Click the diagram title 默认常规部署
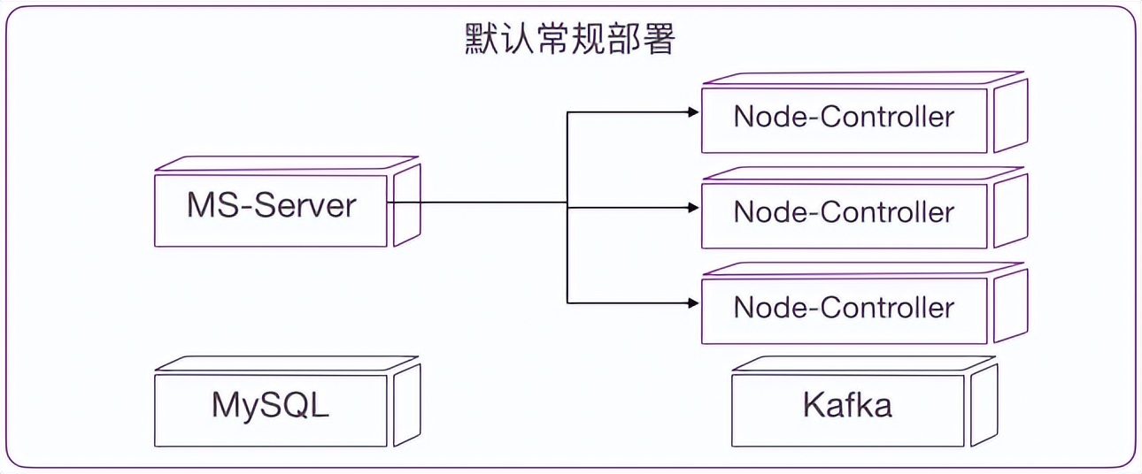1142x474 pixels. (570, 40)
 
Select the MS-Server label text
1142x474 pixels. (271, 205)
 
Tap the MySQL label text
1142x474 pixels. (271, 405)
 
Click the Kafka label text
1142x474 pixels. (847, 405)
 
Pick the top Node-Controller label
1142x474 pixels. (844, 117)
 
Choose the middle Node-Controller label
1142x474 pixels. (844, 212)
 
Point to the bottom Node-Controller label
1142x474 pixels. (844, 308)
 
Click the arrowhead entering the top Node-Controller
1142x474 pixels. (693, 112)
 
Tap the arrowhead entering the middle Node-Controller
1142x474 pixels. (693, 208)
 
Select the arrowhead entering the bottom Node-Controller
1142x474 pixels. (693, 303)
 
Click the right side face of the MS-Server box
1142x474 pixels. (406, 205)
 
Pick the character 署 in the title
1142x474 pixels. (660, 40)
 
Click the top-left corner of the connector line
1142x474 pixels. (567, 112)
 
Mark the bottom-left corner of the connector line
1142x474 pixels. (567, 303)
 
